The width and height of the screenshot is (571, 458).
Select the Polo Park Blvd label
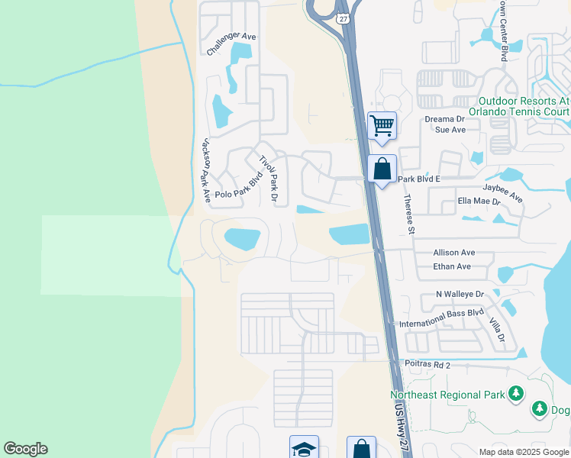(x=239, y=186)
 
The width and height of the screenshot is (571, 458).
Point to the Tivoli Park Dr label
(x=269, y=179)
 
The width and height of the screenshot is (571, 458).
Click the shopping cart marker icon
(x=381, y=124)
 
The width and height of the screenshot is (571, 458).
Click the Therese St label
(x=408, y=214)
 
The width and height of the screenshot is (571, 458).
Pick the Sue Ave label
(x=450, y=130)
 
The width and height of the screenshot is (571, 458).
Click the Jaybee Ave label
(x=502, y=191)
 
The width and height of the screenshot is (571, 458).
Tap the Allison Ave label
(x=453, y=253)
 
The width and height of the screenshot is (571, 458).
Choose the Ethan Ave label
(x=452, y=267)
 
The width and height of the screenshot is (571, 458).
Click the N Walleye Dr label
(x=460, y=294)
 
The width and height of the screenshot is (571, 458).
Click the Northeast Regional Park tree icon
(x=517, y=393)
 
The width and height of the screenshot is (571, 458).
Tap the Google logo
(x=25, y=449)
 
